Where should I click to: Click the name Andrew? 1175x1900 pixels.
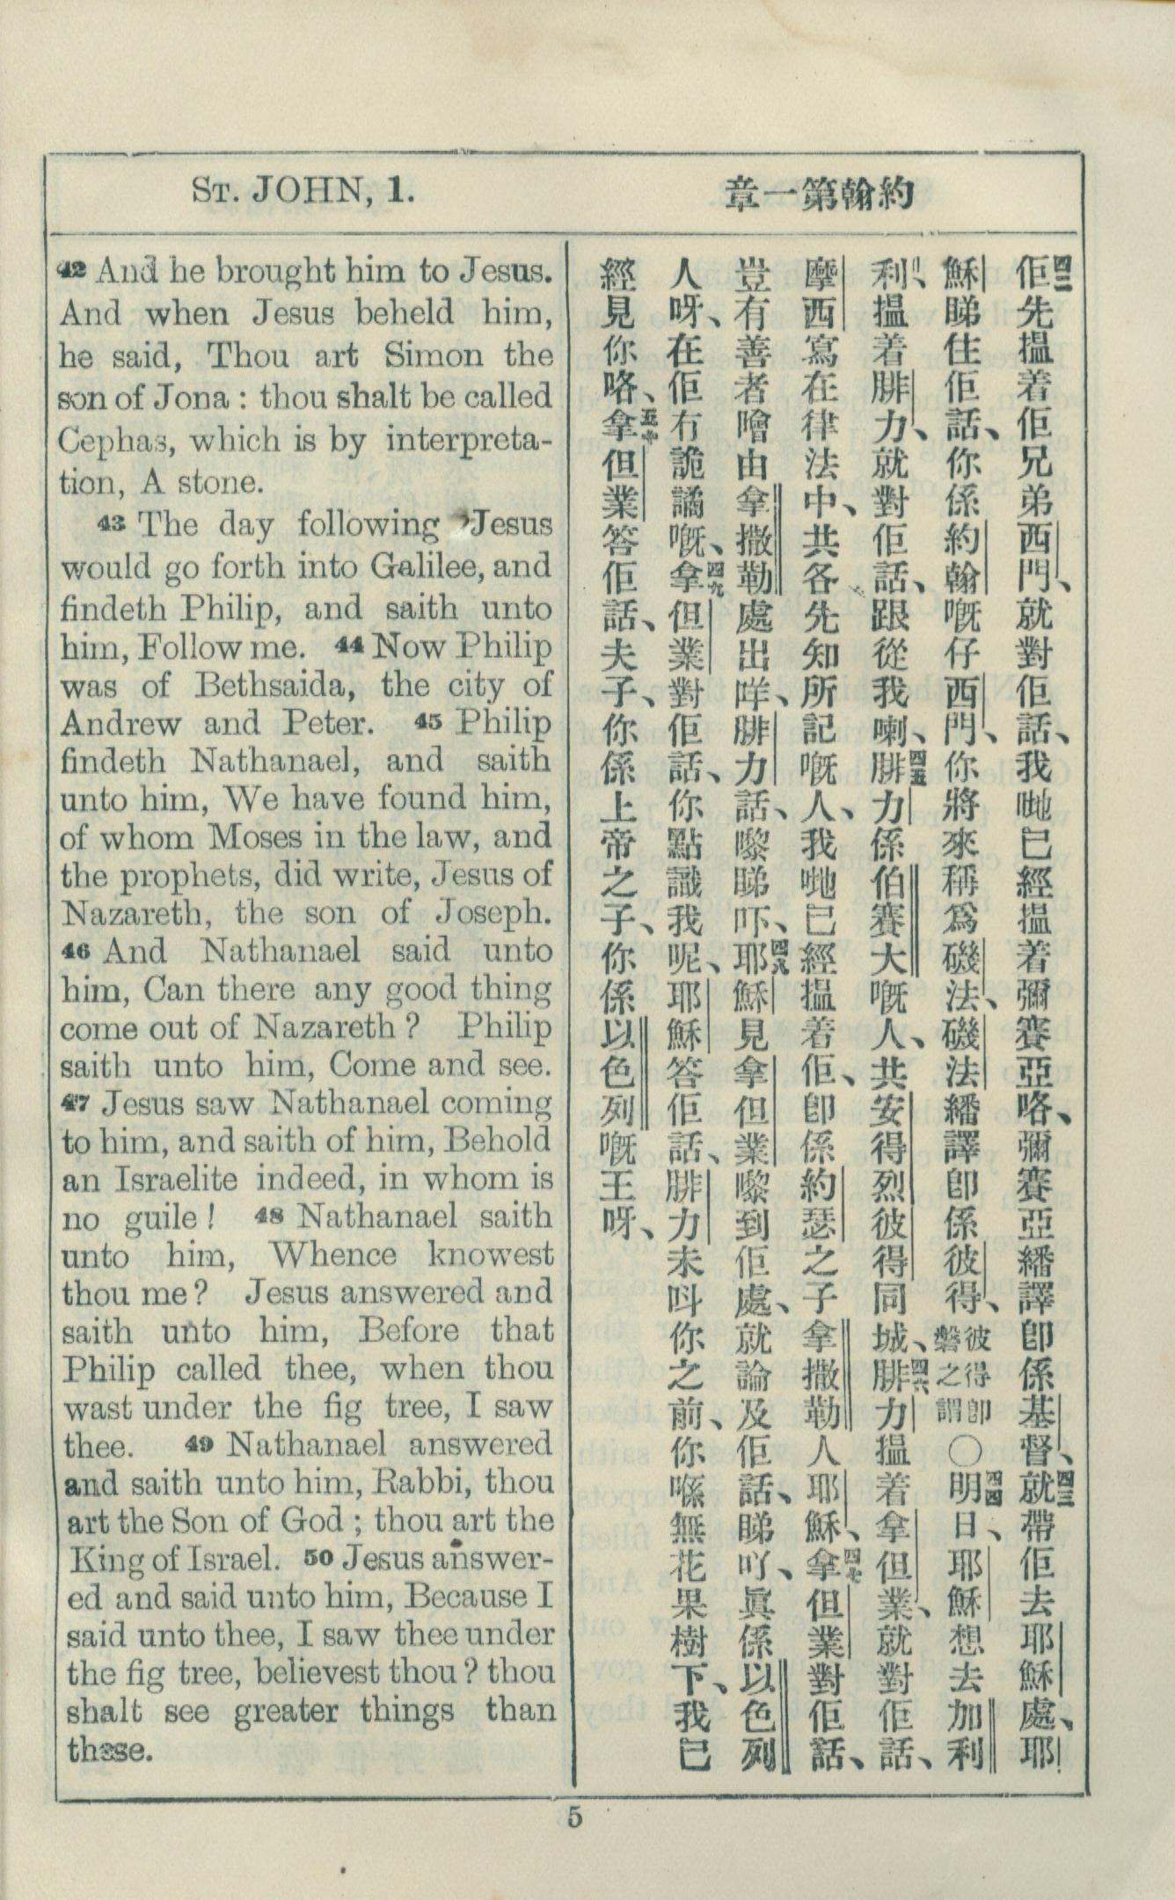(120, 724)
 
